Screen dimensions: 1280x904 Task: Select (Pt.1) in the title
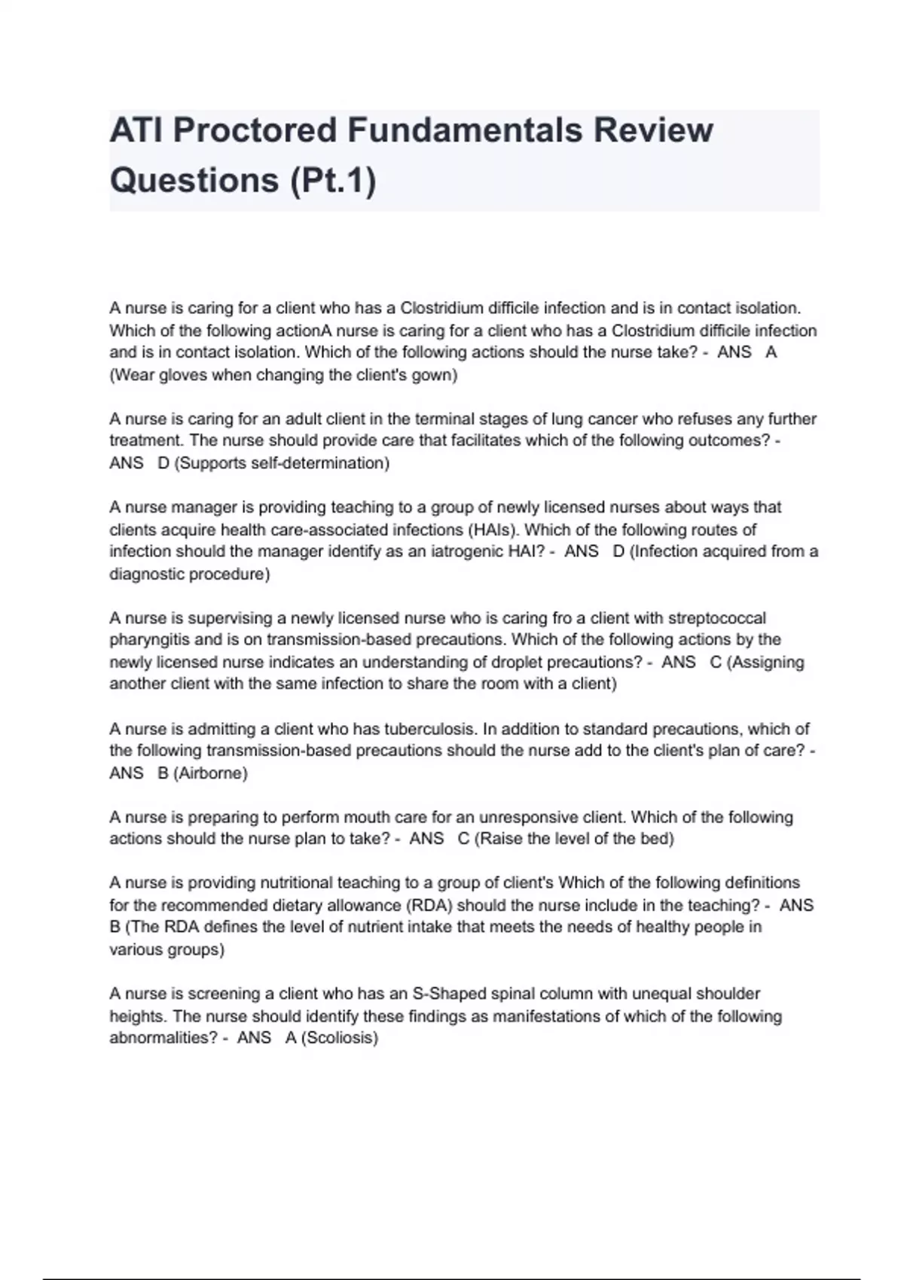tap(331, 180)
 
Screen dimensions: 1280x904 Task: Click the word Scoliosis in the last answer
tap(339, 1038)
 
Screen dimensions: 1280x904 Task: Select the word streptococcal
tap(716, 618)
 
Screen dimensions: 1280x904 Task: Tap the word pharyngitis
tap(150, 640)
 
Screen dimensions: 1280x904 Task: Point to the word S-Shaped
tap(449, 994)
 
